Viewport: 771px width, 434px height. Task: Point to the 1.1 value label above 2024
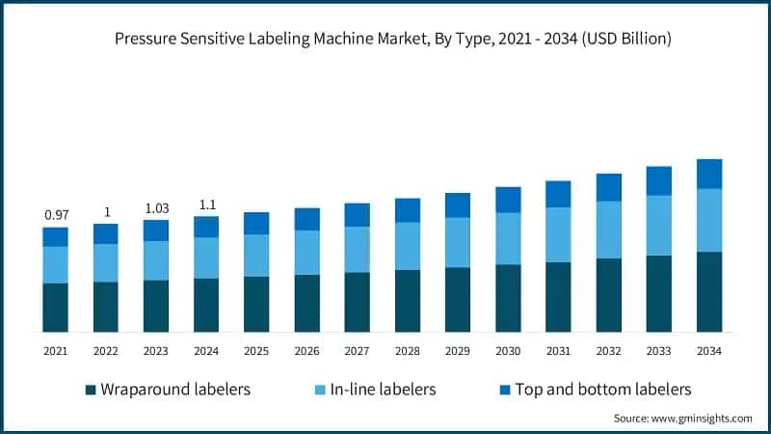click(205, 204)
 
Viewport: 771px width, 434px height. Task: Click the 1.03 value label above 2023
click(155, 208)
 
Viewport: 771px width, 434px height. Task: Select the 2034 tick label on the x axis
click(709, 350)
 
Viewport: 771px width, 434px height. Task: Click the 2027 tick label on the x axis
click(357, 350)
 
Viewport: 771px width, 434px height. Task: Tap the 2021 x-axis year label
click(55, 350)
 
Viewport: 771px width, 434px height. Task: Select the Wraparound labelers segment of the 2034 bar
click(709, 291)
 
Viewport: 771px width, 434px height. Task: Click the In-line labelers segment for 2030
click(508, 238)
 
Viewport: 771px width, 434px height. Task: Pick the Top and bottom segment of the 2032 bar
click(608, 187)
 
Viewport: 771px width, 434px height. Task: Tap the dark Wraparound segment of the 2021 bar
click(55, 308)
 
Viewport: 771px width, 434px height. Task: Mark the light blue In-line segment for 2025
click(256, 256)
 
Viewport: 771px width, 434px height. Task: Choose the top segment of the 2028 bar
click(408, 210)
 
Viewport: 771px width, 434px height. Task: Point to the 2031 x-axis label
click(558, 350)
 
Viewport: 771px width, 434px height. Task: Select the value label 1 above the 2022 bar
click(105, 212)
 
